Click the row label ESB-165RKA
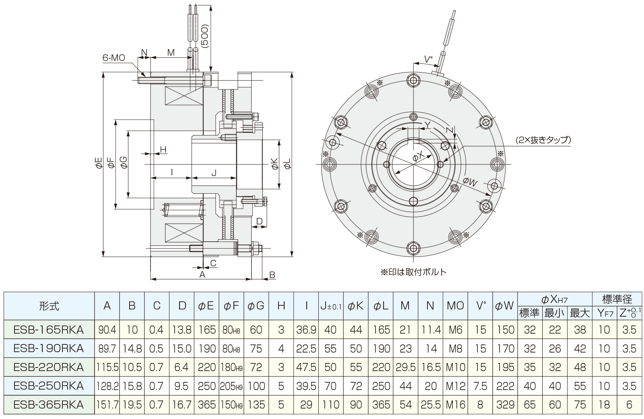coord(49,330)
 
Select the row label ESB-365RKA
coord(49,404)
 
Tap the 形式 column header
coord(49,306)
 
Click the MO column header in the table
coord(455,306)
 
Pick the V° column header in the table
coord(481,306)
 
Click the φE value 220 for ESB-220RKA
coord(207,367)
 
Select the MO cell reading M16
coord(455,404)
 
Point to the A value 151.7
coord(107,404)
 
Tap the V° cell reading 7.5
coord(481,386)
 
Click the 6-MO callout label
coord(114,58)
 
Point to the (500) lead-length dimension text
coord(205,36)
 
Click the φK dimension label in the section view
coord(274,164)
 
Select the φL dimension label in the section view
coord(287,164)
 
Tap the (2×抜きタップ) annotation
coord(543,140)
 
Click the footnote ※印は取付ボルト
coord(413,272)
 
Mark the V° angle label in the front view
coord(428,60)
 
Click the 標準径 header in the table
coord(617,299)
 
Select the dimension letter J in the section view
coord(214,173)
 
